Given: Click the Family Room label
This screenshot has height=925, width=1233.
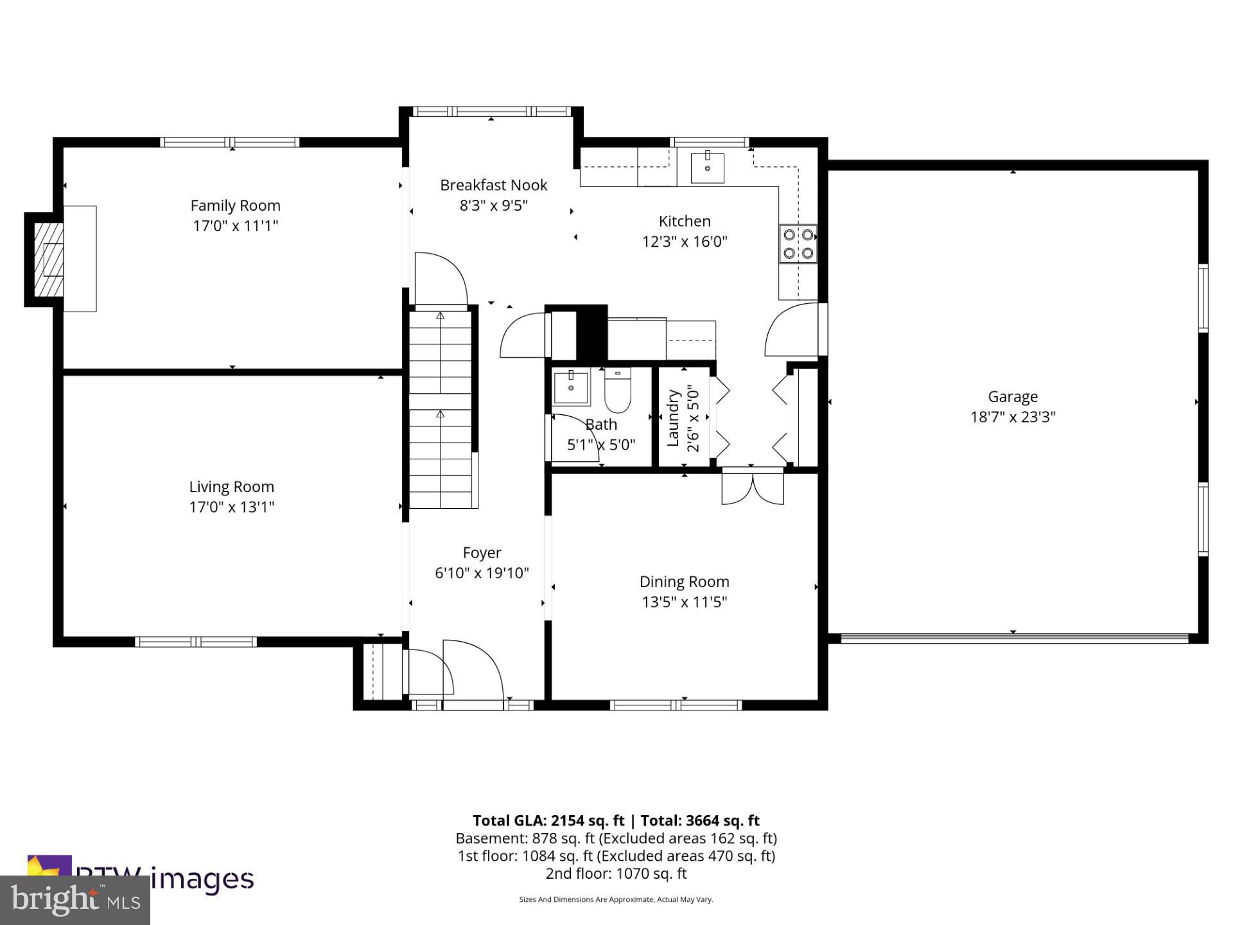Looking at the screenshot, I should tap(235, 206).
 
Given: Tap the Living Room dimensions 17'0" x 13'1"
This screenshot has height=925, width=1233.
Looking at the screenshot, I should tap(231, 507).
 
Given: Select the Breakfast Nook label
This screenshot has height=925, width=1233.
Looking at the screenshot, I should tap(493, 185).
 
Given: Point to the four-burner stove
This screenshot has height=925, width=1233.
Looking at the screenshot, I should tap(798, 244).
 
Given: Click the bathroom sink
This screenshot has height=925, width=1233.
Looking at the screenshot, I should tap(571, 388).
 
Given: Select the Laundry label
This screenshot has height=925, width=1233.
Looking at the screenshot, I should tap(673, 418).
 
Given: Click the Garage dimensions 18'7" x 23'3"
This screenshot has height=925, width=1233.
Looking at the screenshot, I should tap(1013, 417).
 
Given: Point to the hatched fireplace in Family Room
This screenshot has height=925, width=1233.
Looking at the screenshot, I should tap(49, 259).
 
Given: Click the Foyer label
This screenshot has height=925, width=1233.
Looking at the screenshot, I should tap(482, 552).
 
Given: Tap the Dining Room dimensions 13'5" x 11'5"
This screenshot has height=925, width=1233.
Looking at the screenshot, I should tap(684, 602).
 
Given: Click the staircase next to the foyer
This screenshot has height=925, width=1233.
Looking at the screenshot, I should tap(441, 411).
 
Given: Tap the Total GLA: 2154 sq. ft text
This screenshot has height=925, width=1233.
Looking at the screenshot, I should tap(548, 820).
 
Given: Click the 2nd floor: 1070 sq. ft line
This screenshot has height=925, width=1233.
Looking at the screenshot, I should tap(616, 874).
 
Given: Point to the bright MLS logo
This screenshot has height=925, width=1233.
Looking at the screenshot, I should tap(75, 900).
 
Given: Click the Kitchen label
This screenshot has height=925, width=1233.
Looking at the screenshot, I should tap(685, 221).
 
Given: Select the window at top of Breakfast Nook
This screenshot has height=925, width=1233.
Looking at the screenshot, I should tap(491, 112).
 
